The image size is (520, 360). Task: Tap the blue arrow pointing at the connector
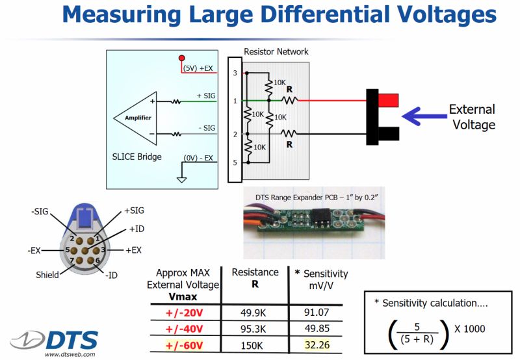pos(422,117)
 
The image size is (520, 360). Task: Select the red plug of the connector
pos(387,100)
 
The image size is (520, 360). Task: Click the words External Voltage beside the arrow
pos(472,117)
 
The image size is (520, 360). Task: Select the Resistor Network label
pos(276,51)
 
